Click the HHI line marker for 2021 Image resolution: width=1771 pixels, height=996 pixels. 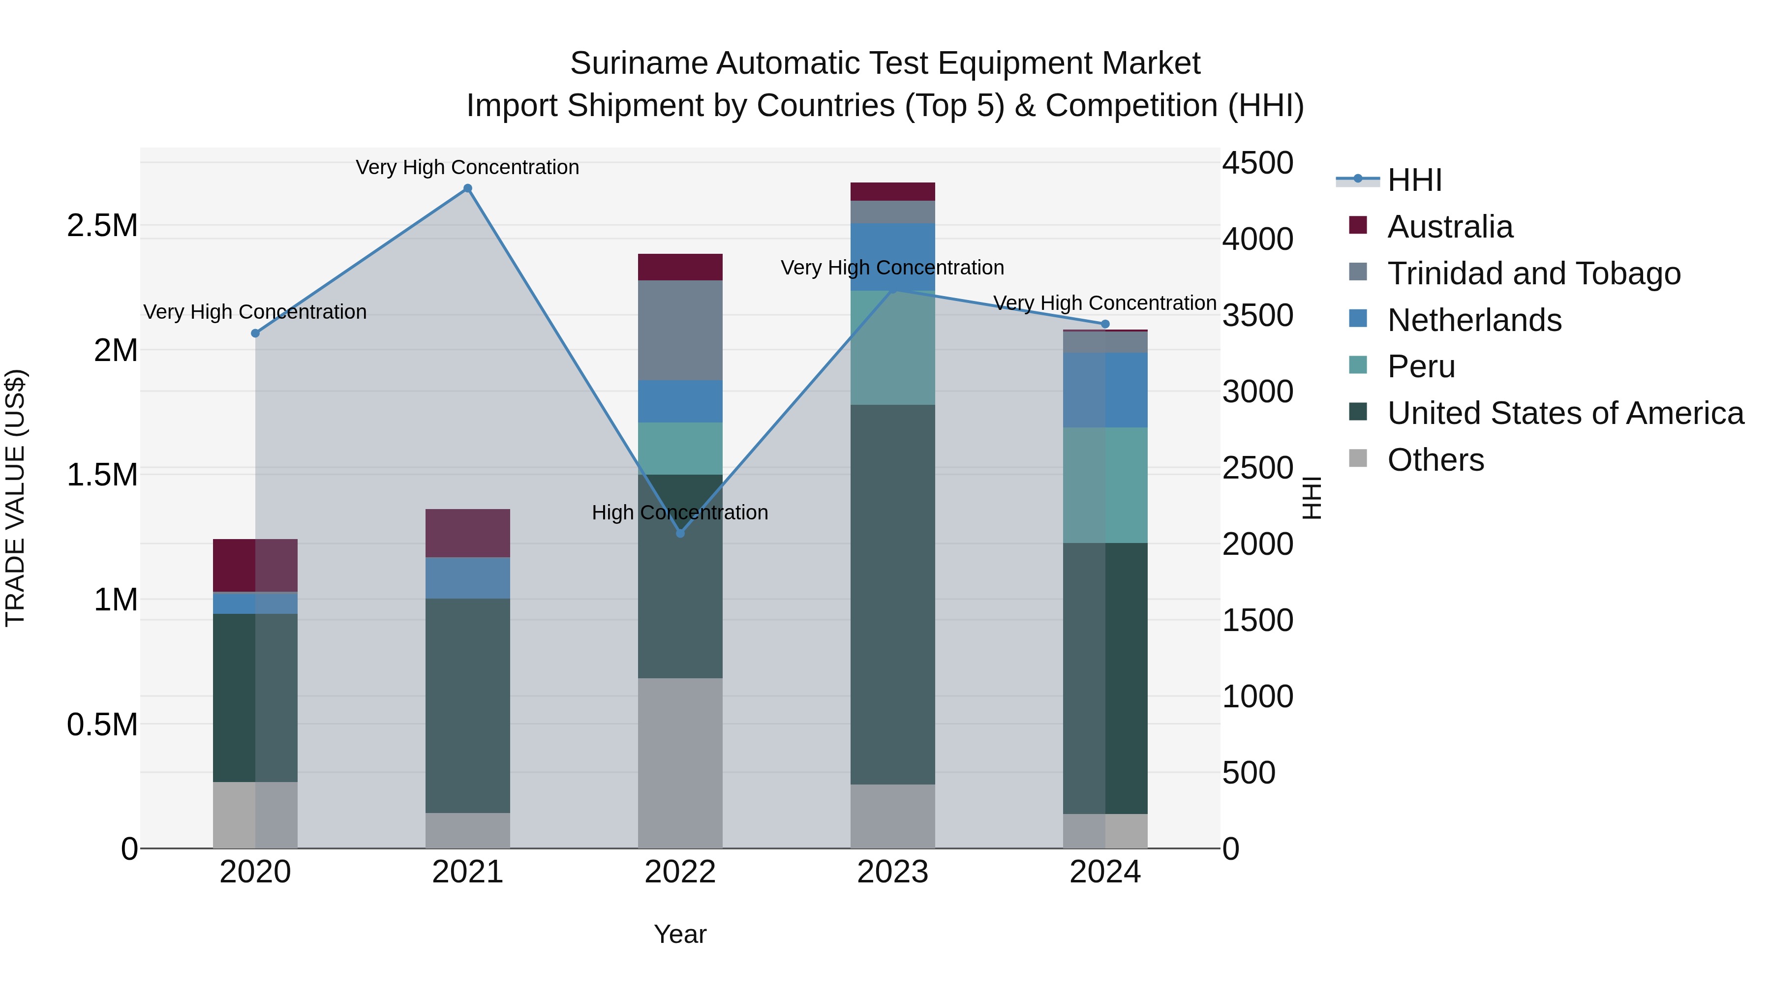click(467, 188)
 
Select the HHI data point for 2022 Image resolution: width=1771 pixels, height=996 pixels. click(680, 533)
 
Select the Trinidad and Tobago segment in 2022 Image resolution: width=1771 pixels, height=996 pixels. click(680, 330)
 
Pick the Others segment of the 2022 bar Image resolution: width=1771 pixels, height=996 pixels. click(680, 763)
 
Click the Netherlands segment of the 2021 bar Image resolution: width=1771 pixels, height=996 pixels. click(467, 578)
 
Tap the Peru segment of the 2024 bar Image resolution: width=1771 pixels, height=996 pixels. click(1105, 485)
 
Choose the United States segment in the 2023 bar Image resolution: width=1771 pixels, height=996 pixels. click(892, 595)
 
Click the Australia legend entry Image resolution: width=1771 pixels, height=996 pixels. click(1449, 227)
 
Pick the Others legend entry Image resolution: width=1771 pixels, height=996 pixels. click(1435, 460)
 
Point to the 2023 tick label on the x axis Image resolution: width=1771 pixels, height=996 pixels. click(892, 872)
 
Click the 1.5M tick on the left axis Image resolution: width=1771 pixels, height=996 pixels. click(102, 475)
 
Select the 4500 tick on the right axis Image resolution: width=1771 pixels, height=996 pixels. click(1257, 164)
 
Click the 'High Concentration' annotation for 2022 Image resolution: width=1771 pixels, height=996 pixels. click(680, 513)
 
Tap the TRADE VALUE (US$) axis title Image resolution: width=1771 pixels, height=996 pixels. click(16, 498)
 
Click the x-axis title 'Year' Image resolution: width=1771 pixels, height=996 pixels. click(680, 934)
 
